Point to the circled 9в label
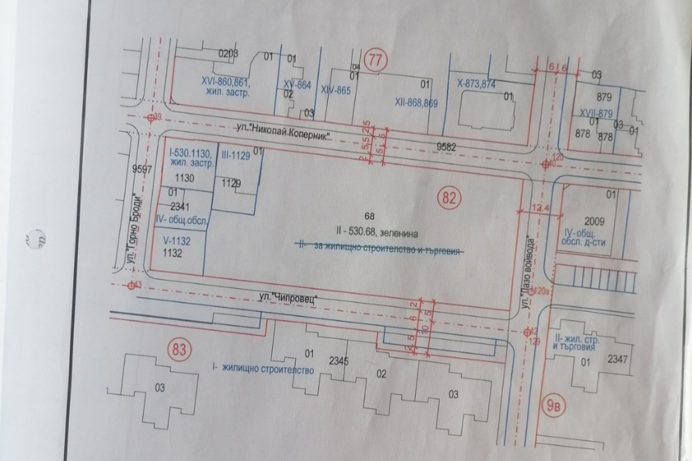click(552, 406)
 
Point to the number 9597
click(141, 169)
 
